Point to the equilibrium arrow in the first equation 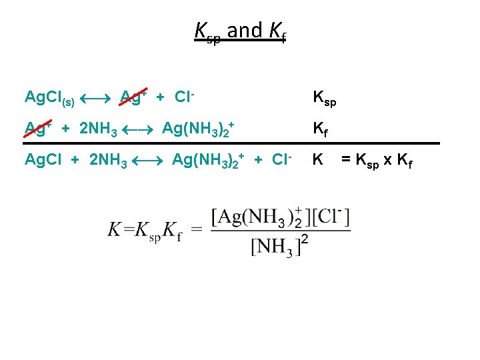pos(97,99)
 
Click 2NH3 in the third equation pos(108,160)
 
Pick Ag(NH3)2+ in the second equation pos(198,127)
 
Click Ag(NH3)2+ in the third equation pos(208,159)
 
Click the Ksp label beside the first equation pos(325,99)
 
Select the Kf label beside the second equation pos(321,129)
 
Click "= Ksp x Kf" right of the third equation pos(377,161)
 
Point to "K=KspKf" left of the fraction pos(145,231)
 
